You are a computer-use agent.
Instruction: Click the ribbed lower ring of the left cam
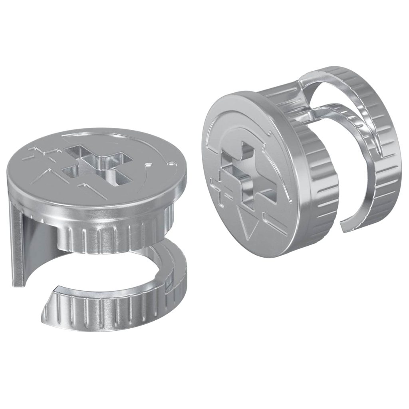click(120, 308)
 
